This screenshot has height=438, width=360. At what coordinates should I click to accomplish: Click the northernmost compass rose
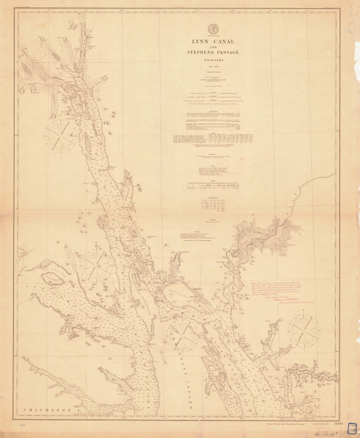coord(61,136)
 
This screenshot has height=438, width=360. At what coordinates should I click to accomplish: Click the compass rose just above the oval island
coord(96,261)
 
